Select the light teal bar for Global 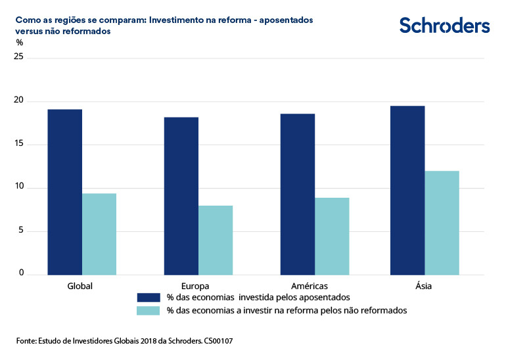pos(99,234)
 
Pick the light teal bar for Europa pos(216,240)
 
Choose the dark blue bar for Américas pos(298,194)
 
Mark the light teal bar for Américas pos(332,236)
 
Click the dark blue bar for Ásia pos(407,190)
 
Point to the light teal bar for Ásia pos(442,223)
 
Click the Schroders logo pos(444,26)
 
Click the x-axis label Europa pos(196,286)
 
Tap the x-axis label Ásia pos(424,286)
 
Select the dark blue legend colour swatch pos(149,298)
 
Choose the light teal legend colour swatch pos(149,311)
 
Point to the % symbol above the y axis pos(19,43)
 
